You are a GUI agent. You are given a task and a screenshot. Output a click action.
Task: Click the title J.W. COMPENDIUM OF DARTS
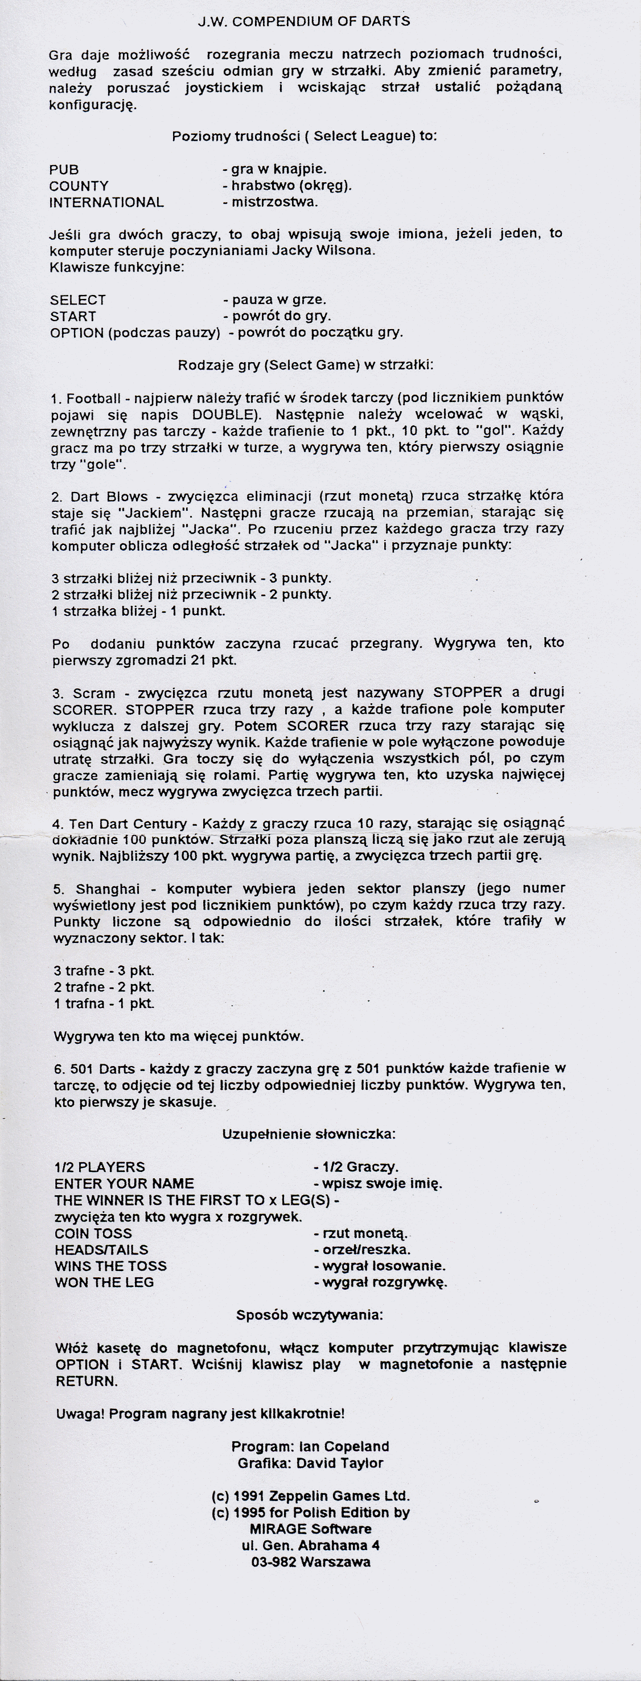click(304, 22)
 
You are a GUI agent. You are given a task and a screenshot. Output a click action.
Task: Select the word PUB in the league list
click(64, 170)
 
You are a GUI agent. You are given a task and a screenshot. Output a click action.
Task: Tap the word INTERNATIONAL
click(106, 202)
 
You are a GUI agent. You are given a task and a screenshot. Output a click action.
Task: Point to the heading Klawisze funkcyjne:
click(117, 268)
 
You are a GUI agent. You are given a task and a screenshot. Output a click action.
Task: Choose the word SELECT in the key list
click(77, 300)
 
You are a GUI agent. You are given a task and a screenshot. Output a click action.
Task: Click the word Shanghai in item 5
click(104, 889)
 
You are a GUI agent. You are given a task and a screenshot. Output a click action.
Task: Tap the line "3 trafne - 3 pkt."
click(104, 970)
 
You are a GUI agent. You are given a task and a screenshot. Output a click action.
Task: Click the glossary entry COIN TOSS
click(93, 1233)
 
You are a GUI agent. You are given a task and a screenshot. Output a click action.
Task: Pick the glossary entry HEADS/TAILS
click(101, 1250)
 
